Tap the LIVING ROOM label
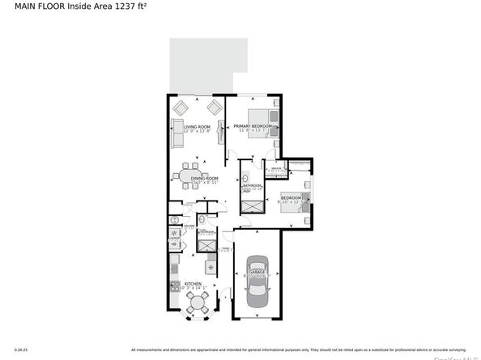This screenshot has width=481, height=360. (197, 127)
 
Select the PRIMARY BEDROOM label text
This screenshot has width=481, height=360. (253, 127)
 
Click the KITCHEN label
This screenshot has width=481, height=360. (193, 284)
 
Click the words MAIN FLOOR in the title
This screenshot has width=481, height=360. (29, 6)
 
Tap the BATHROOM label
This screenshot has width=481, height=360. (252, 186)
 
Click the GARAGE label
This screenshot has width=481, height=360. (258, 273)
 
